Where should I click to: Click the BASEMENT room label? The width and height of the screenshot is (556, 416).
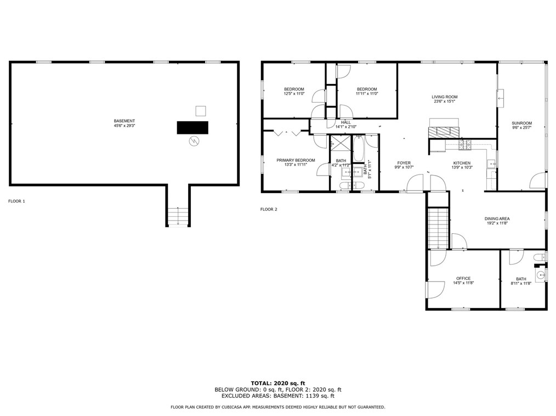[124, 121]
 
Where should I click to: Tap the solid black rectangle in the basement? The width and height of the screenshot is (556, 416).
[192, 127]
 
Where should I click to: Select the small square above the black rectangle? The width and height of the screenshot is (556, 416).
[201, 111]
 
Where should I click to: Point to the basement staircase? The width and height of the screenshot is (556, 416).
[177, 217]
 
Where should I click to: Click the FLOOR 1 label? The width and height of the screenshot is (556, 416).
[16, 201]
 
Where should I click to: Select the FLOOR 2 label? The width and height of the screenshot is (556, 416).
[269, 209]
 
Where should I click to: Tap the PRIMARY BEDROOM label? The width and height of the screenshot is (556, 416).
[296, 160]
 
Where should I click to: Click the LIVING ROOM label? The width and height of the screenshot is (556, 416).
[445, 97]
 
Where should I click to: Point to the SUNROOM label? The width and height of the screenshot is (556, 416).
[522, 123]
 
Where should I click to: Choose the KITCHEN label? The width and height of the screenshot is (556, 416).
[461, 163]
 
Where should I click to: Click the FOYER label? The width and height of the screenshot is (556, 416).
[404, 163]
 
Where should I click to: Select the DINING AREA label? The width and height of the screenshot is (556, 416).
[497, 218]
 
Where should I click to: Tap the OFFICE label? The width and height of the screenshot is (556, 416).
[463, 278]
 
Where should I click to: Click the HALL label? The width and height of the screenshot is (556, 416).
[346, 122]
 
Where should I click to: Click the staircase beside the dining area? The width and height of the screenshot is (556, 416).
[438, 228]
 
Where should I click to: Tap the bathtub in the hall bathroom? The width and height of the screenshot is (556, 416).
[358, 149]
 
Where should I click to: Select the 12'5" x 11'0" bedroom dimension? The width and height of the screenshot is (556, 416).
[294, 94]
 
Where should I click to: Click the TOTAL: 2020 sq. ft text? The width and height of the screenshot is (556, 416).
[277, 383]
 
